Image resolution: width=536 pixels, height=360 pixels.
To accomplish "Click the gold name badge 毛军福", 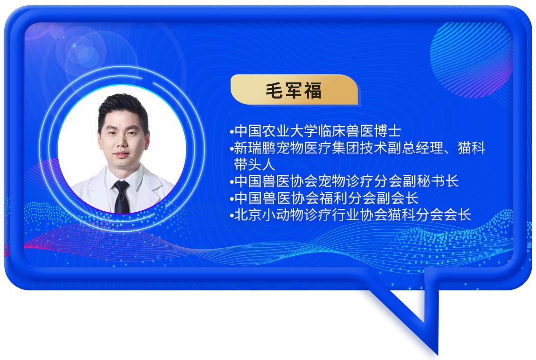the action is coord(294,90).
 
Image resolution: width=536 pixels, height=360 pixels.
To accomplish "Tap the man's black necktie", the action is coord(122,197).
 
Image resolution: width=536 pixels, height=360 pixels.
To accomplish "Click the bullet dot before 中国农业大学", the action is coord(232,132).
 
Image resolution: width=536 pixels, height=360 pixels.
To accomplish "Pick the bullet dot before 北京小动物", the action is coord(232,216).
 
